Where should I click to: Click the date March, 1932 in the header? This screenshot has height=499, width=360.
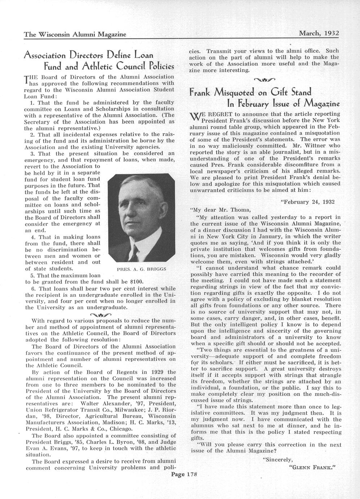tap(318, 33)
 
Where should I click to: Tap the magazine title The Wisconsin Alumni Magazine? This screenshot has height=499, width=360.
tap(75, 35)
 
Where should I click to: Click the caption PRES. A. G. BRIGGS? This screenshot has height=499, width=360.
tap(141, 269)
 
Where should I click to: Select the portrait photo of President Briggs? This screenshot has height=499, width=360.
tap(141, 218)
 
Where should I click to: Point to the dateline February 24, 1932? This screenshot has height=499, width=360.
tap(308, 202)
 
